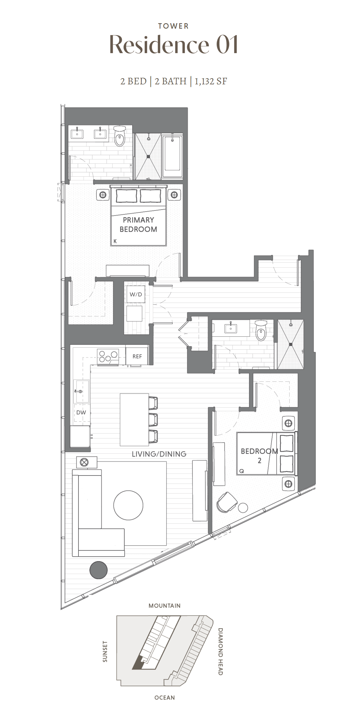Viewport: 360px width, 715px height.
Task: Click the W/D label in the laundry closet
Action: point(135,294)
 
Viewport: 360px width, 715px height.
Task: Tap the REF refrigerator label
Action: point(137,356)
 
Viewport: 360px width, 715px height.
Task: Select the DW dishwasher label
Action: point(81,412)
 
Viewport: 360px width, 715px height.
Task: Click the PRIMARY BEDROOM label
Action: point(138,224)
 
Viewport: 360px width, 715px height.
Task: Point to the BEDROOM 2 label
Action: point(259,456)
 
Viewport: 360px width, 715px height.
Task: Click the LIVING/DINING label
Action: point(159,454)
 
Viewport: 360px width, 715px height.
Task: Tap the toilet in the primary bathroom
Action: point(120,136)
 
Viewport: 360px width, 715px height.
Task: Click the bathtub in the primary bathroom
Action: point(172,156)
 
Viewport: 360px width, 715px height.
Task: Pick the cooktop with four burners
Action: point(108,357)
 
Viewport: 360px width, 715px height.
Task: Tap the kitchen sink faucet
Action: point(78,391)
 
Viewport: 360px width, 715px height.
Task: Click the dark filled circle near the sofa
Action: point(98,570)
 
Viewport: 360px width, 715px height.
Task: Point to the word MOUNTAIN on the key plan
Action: point(164,606)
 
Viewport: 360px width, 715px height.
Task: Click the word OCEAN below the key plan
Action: point(164,698)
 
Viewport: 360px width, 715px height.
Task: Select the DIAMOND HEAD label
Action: point(220,651)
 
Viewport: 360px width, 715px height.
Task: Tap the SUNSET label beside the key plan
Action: point(105,651)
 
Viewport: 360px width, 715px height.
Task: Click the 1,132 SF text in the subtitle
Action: point(211,81)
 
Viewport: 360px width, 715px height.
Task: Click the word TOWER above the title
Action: point(173,26)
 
